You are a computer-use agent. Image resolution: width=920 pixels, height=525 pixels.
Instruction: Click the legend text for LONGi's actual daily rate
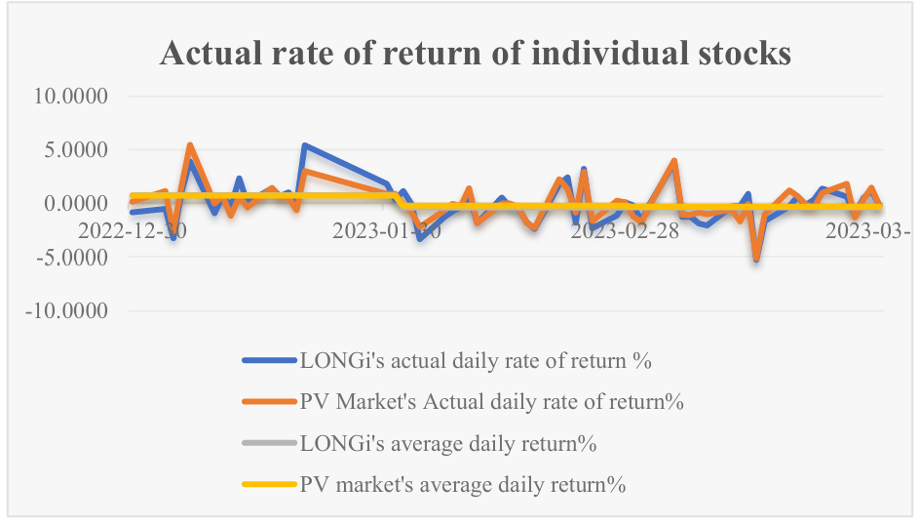click(475, 360)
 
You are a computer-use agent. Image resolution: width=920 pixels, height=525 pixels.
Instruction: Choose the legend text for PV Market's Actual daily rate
click(491, 401)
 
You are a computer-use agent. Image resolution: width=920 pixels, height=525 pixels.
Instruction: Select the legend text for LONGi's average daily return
click(447, 443)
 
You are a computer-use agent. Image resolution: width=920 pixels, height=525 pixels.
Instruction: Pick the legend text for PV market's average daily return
click(462, 484)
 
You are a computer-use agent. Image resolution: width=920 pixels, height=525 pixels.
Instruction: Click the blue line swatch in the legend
click(268, 360)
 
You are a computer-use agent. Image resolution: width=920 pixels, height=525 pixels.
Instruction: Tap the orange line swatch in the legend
click(268, 402)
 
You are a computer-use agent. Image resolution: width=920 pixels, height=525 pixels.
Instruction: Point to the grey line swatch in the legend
click(268, 443)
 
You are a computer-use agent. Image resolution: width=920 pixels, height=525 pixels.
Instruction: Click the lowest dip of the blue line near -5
click(756, 260)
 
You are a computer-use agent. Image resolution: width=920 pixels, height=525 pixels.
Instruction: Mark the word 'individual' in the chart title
click(554, 54)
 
